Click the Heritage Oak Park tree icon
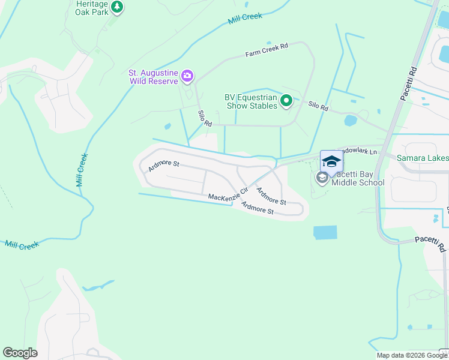point(117,8)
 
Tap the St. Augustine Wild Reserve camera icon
point(187,76)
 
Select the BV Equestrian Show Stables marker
point(286,101)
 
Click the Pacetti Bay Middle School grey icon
point(322,177)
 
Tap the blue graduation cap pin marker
point(331,162)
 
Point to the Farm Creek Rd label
point(267,50)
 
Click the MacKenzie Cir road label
point(228,195)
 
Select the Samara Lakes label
point(423,158)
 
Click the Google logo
point(20,353)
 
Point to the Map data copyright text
point(412,355)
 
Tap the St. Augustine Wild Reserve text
point(153,77)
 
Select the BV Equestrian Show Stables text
point(251,101)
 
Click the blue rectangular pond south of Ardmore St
point(325,233)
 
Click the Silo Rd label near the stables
point(319,107)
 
